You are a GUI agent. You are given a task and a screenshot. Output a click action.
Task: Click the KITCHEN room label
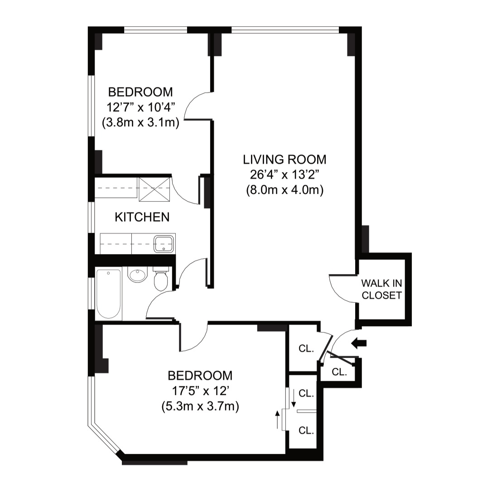pos(142,217)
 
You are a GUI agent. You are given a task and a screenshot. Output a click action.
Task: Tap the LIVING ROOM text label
pos(284,159)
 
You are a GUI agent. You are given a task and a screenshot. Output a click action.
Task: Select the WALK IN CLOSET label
pos(381,289)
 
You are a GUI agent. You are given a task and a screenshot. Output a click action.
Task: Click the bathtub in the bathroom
pos(109,294)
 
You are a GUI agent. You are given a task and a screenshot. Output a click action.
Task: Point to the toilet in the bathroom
pos(160,279)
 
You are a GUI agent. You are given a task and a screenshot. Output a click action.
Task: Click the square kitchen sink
pos(164,244)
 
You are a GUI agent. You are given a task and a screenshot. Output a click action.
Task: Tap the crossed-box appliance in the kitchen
pos(154,189)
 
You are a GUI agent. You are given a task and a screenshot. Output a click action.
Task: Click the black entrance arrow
pos(359,343)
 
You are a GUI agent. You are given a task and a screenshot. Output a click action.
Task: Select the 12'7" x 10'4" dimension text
pos(141,108)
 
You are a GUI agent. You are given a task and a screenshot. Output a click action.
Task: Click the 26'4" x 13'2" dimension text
pos(284,175)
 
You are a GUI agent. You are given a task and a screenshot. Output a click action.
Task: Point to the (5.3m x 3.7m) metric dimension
pos(200,406)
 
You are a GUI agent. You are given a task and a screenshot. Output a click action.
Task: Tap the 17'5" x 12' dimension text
pos(200,391)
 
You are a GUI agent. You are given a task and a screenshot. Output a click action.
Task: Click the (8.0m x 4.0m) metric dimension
pos(284,190)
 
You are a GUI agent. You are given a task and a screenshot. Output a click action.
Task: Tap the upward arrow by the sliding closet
pos(278,420)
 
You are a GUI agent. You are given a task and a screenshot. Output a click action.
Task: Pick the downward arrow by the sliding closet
pos(293,398)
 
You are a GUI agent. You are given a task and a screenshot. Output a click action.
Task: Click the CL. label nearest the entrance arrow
pos(339,372)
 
